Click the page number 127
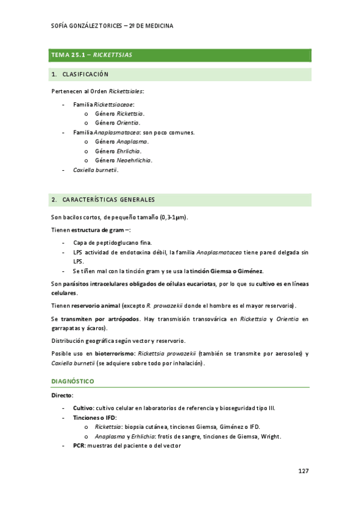[303, 471]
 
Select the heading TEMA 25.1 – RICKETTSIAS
[92, 55]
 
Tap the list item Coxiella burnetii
[95, 170]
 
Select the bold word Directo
[62, 396]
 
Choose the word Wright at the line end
[269, 437]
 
